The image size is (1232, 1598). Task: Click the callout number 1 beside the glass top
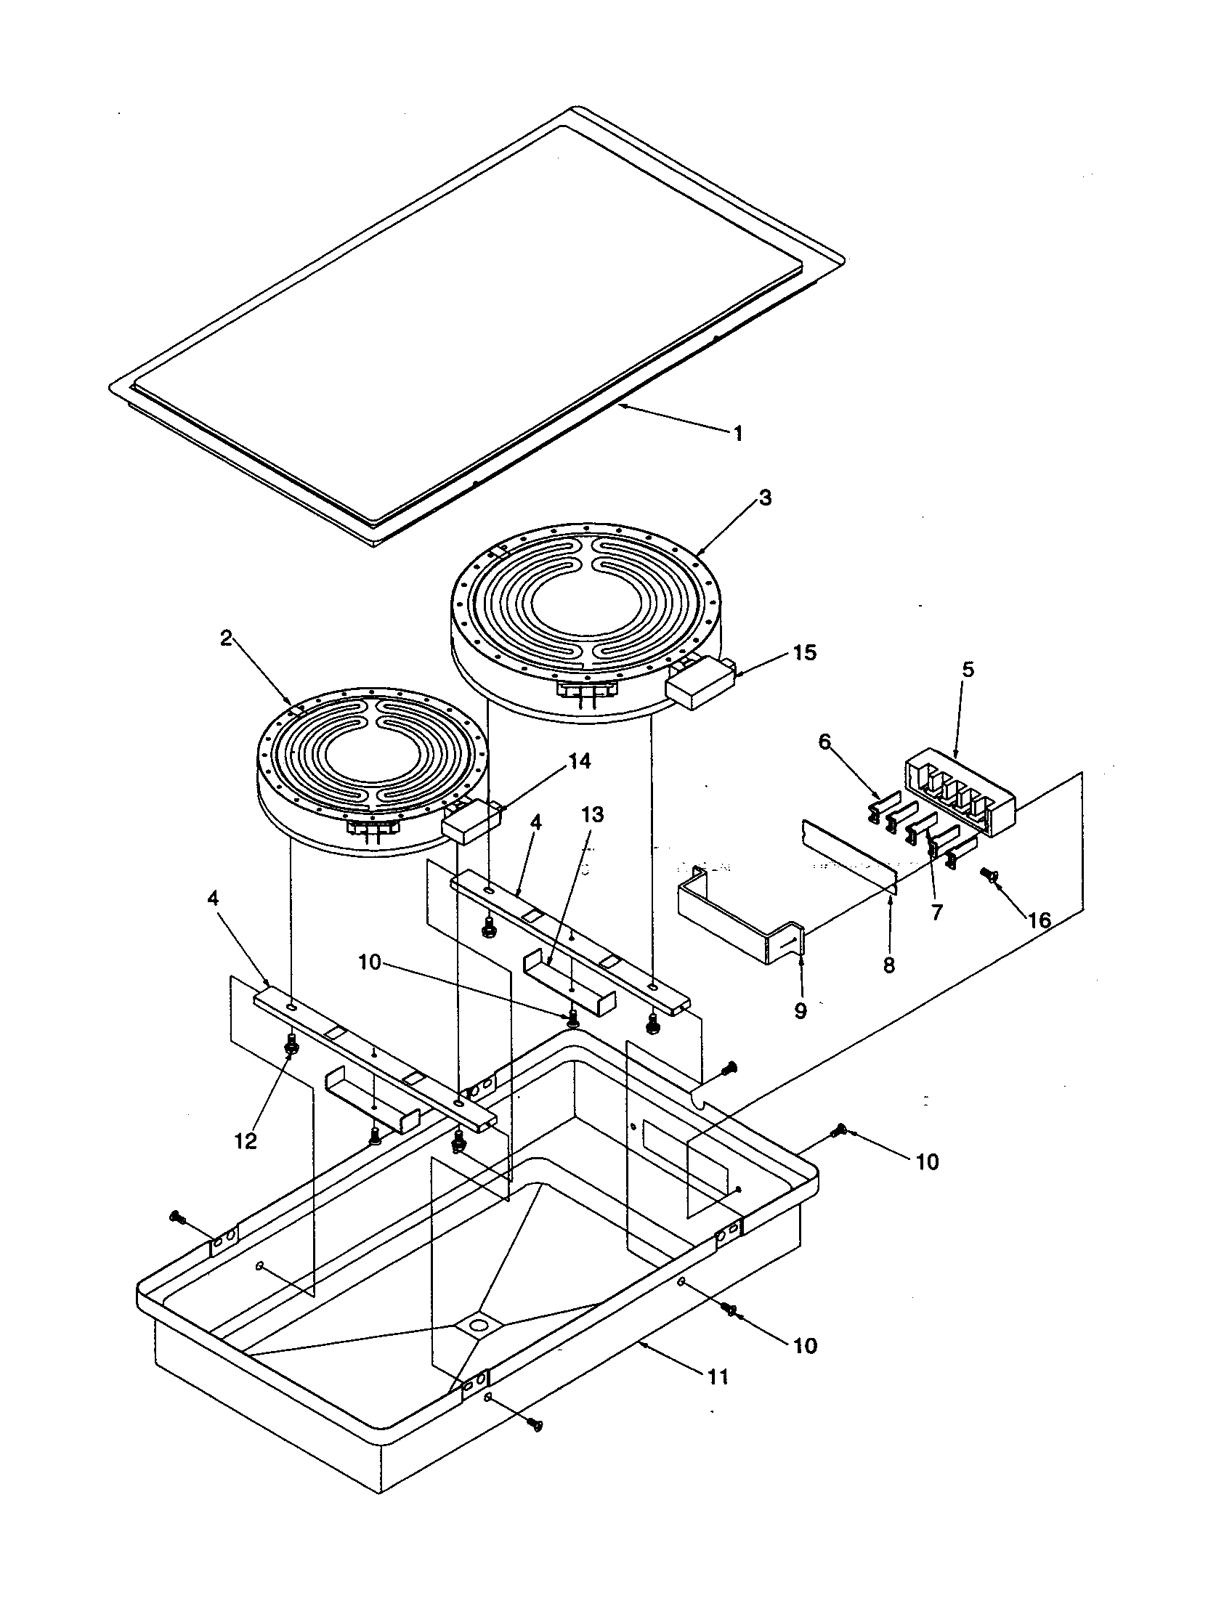pyautogui.click(x=738, y=434)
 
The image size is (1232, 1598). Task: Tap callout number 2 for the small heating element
pyautogui.click(x=226, y=638)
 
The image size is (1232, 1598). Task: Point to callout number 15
pyautogui.click(x=804, y=653)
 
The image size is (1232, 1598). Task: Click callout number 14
pyautogui.click(x=579, y=762)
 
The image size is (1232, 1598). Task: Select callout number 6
pyautogui.click(x=824, y=742)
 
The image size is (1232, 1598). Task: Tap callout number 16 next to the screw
pyautogui.click(x=1039, y=920)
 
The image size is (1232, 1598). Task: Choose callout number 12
pyautogui.click(x=246, y=1140)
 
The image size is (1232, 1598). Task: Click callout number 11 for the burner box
pyautogui.click(x=718, y=1377)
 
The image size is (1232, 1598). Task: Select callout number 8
pyautogui.click(x=888, y=966)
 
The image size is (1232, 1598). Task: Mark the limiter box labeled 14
pyautogui.click(x=470, y=823)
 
